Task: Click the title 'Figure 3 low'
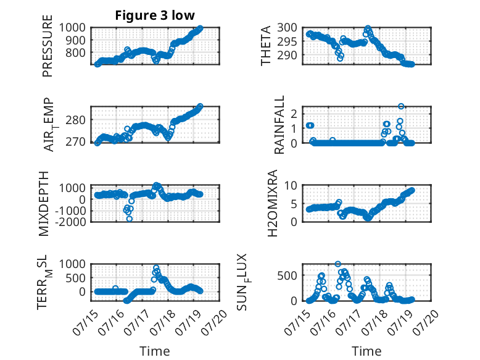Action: pyautogui.click(x=155, y=15)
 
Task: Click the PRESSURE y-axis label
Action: pyautogui.click(x=48, y=46)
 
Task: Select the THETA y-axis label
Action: pyautogui.click(x=266, y=46)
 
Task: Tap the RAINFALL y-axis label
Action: pyautogui.click(x=279, y=124)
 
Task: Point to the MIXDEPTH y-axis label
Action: pyautogui.click(x=44, y=203)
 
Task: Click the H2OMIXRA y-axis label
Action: pyautogui.click(x=272, y=203)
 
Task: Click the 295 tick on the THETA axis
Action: pyautogui.click(x=287, y=41)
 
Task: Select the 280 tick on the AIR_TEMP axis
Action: pyautogui.click(x=76, y=120)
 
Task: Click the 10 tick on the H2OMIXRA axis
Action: pyautogui.click(x=291, y=185)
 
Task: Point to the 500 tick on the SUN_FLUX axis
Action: pyautogui.click(x=287, y=275)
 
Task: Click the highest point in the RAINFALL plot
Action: pyautogui.click(x=401, y=106)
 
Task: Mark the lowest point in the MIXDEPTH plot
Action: pyautogui.click(x=130, y=219)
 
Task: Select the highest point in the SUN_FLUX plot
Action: pyautogui.click(x=338, y=264)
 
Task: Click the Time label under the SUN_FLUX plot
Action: pyautogui.click(x=366, y=351)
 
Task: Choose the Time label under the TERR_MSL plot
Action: pyautogui.click(x=155, y=351)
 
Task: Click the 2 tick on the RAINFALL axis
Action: pyautogui.click(x=294, y=114)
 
